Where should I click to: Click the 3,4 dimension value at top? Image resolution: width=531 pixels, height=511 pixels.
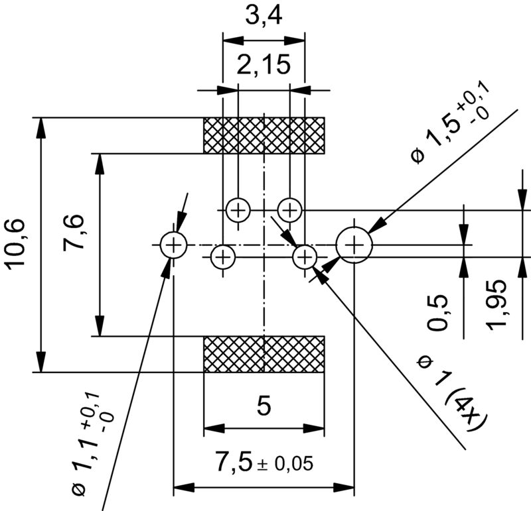tap(264, 15)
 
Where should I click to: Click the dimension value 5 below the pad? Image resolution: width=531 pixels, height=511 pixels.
tap(264, 406)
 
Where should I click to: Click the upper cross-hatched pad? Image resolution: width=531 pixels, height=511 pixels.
tap(264, 135)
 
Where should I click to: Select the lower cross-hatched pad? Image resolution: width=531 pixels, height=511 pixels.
tap(264, 354)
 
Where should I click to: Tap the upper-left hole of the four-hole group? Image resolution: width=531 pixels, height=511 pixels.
tap(238, 211)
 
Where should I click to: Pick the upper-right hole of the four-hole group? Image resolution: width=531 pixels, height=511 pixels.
tap(289, 211)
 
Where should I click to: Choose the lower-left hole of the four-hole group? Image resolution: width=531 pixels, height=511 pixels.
tap(223, 256)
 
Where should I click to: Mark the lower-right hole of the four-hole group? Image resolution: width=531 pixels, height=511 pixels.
tap(305, 256)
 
